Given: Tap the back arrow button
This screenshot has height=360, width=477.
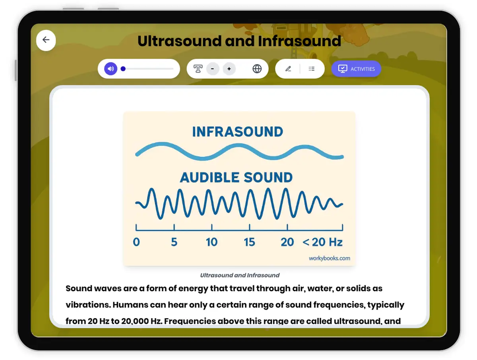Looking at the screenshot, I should [x=46, y=40].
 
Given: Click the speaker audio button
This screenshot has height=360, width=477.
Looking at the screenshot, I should [x=111, y=69].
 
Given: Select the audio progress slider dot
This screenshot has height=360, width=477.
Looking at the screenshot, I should [x=123, y=69].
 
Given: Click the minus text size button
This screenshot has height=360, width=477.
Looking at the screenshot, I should [x=213, y=69].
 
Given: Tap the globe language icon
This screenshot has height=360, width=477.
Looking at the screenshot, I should [x=257, y=69].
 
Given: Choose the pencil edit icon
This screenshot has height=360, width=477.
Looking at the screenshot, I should [x=288, y=69].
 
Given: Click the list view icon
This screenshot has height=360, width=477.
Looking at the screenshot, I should [x=312, y=69].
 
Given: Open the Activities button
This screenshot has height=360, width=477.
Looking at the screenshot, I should [x=356, y=69].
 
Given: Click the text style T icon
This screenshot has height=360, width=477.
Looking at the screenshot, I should [x=198, y=69].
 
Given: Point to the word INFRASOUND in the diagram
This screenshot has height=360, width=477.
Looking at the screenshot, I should [x=237, y=132].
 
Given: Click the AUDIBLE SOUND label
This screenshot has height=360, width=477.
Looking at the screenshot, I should [x=236, y=177].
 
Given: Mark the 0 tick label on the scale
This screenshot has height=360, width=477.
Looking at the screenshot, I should [x=136, y=242].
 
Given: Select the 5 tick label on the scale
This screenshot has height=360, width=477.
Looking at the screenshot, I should [x=174, y=242].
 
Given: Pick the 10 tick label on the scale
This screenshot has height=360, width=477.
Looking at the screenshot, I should [x=212, y=242].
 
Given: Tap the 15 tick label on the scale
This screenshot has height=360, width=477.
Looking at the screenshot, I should [x=250, y=242].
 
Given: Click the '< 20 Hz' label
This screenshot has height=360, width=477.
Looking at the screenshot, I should [x=322, y=242].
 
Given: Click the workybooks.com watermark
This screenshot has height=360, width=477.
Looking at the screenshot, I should [x=330, y=258].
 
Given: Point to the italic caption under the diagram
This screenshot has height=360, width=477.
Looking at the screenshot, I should [x=240, y=275].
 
